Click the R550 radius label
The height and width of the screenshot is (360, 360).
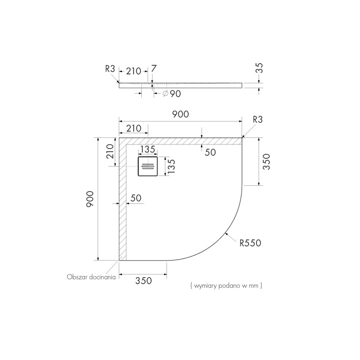pos(250,243)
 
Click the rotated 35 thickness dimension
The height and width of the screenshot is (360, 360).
pos(259,69)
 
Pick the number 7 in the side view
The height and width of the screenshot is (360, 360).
pos(154,68)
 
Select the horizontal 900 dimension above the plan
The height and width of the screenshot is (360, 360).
pos(180,114)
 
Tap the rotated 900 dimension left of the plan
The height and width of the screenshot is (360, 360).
pos(90,198)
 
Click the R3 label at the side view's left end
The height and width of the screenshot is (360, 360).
pos(110,69)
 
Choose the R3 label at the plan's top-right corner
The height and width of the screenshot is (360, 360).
pos(258,119)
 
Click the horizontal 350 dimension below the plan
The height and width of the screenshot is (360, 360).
pos(143,280)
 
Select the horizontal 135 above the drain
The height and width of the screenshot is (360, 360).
pos(147,149)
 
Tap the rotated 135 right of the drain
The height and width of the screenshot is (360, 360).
pos(171,166)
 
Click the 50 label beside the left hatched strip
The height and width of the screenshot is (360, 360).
pos(136,198)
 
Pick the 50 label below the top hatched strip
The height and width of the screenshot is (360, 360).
pos(210,152)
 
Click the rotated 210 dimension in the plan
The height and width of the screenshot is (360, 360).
pos(109,153)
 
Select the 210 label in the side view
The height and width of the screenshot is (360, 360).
pos(133,70)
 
